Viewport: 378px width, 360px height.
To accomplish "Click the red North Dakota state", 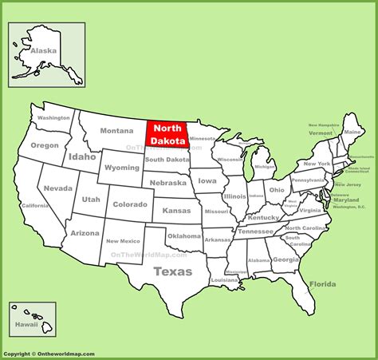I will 167,134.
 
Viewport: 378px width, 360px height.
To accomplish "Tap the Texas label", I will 174,271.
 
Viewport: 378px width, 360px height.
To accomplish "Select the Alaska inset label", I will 44,51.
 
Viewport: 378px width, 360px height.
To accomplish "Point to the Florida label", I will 322,284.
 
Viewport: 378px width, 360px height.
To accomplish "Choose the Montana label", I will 116,131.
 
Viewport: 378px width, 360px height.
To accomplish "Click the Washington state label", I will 54,117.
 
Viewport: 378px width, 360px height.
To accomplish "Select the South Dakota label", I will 167,160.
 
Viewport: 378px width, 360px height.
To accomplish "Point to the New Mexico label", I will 123,240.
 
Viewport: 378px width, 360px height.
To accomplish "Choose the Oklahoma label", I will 184,236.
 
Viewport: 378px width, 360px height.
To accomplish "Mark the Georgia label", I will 285,259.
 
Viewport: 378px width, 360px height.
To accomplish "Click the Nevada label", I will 58,188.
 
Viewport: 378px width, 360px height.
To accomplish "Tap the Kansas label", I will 176,209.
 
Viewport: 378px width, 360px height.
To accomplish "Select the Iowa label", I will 206,180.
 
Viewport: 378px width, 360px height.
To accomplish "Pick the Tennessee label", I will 256,231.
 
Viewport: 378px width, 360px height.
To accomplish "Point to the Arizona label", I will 84,233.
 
